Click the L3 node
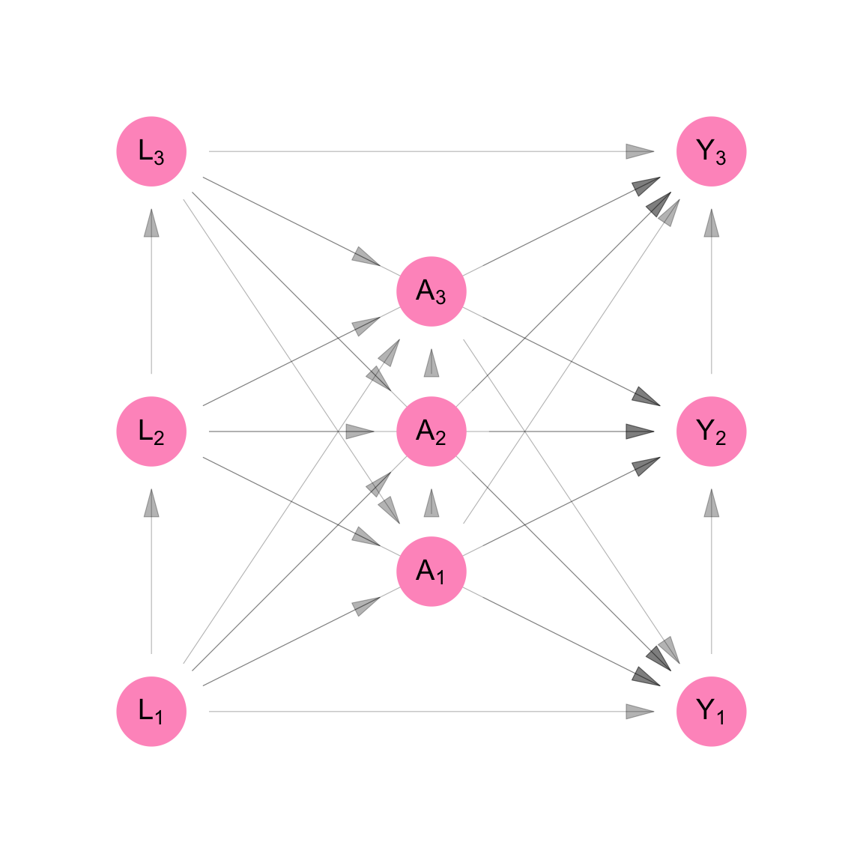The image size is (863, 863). pos(151,151)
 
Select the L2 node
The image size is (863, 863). pos(151,431)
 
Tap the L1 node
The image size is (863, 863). pos(151,711)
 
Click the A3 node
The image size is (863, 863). pos(431,291)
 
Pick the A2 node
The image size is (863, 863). pos(431,431)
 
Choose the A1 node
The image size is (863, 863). pos(431,572)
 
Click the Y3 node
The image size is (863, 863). pos(711,151)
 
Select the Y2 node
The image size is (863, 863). pos(711,431)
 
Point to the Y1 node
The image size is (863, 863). pos(711,711)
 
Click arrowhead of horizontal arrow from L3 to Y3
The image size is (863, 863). pos(640,151)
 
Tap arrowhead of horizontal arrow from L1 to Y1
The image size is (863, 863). pos(640,711)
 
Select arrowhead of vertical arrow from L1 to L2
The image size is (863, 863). pos(151,503)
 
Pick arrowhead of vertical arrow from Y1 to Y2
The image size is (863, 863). pos(711,503)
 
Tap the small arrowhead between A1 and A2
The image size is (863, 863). pos(431,503)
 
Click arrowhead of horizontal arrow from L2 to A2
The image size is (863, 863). pos(360,431)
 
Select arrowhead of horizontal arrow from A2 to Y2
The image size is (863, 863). pos(640,431)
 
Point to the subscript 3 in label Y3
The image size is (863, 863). pos(721,158)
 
